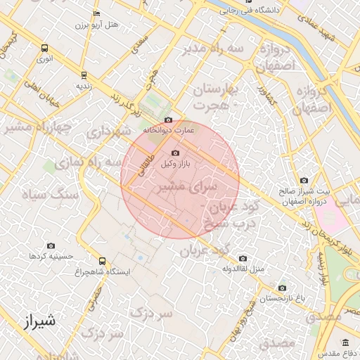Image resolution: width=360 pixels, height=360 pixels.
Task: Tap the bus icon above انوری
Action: pos(45,49)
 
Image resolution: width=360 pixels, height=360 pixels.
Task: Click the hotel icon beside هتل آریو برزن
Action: pos(96,14)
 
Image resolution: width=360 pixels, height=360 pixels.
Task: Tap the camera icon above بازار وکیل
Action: pos(175,153)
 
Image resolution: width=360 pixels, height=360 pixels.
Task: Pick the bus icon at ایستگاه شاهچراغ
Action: pos(103,261)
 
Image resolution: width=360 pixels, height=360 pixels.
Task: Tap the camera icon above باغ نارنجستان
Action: pos(282,288)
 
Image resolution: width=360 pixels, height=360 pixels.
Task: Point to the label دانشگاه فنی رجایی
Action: pos(271,11)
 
